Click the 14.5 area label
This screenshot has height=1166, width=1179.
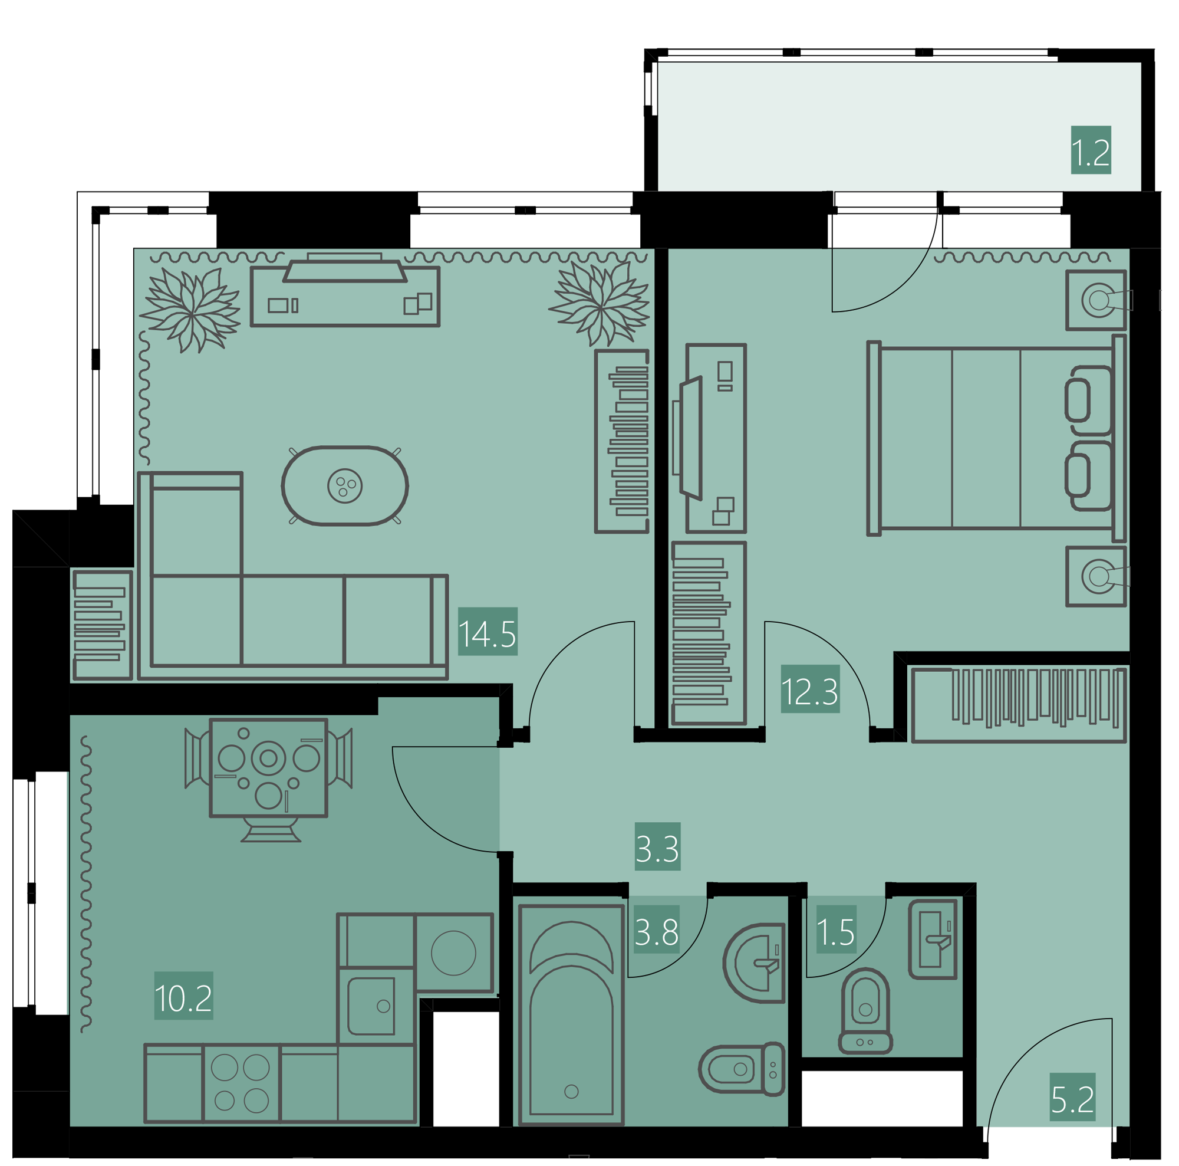point(488,631)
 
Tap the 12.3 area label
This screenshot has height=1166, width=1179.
point(811,689)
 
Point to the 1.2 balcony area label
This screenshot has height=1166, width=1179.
point(1091,150)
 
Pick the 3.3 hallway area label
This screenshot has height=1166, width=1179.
point(657,847)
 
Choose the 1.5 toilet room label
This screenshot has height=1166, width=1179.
point(837,929)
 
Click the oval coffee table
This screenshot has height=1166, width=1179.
point(345,486)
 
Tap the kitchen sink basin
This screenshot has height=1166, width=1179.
point(371,1007)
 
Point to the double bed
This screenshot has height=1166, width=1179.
point(996,438)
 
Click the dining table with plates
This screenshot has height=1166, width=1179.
point(268,767)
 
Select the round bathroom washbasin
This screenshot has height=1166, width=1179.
point(755,963)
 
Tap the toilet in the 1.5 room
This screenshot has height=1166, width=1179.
point(865,1011)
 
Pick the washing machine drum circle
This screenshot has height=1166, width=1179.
point(453,953)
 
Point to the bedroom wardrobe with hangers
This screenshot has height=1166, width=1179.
point(1019,705)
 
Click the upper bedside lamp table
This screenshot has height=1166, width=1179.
point(1096,300)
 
